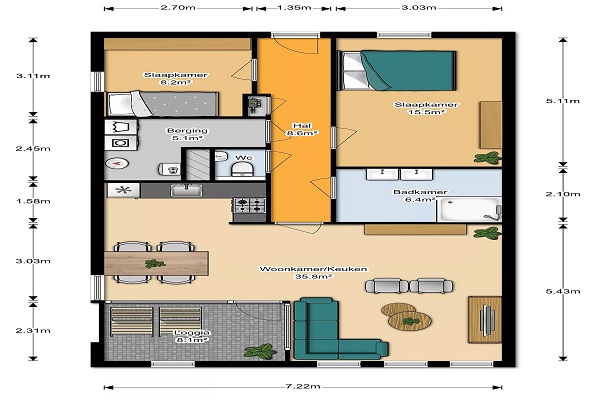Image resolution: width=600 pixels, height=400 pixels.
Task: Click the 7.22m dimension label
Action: [303, 386]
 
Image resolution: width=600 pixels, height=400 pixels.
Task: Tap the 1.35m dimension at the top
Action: [294, 8]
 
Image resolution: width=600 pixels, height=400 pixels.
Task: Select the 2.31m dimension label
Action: [33, 330]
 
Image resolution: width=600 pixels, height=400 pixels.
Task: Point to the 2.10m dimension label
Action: [562, 194]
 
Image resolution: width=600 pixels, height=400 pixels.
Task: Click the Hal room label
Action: [302, 126]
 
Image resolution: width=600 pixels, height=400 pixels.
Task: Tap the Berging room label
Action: [187, 131]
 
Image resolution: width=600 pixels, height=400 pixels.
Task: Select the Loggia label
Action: [192, 332]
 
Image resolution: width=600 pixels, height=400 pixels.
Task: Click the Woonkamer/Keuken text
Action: [313, 269]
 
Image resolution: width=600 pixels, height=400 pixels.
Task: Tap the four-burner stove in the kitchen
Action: [249, 206]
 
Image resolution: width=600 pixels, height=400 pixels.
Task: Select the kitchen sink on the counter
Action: [186, 190]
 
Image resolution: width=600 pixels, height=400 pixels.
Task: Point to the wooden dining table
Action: [156, 263]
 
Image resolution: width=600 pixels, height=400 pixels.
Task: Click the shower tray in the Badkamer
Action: [469, 209]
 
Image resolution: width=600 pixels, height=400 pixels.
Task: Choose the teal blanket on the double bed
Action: [408, 70]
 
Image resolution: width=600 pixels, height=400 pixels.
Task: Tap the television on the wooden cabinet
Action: [487, 320]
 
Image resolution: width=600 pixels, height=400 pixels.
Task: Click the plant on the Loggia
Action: [260, 351]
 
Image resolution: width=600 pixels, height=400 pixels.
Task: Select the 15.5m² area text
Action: [426, 112]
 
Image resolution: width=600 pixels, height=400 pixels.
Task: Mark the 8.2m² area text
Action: [176, 82]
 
